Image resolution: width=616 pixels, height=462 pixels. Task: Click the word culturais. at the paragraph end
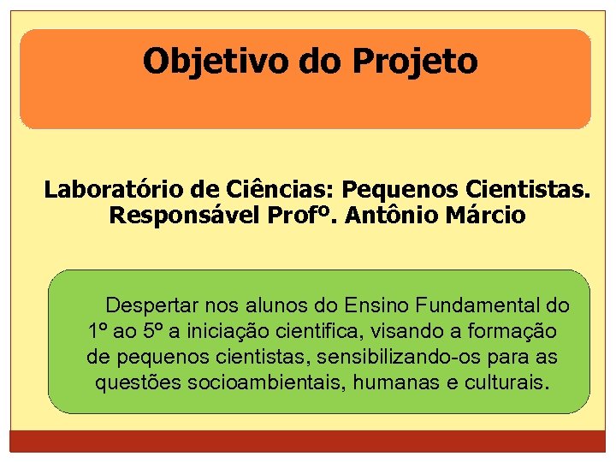(506, 382)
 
